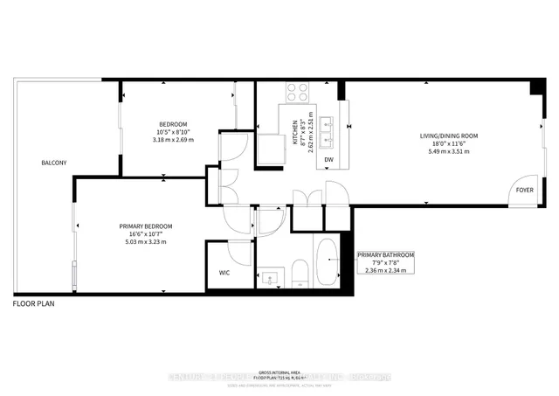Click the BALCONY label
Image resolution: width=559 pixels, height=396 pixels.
click(53, 163)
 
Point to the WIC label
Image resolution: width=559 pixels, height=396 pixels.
click(224, 274)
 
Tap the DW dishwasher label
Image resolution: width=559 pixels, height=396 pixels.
click(328, 160)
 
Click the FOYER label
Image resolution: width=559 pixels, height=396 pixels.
click(524, 189)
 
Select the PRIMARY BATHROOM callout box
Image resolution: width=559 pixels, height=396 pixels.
click(385, 261)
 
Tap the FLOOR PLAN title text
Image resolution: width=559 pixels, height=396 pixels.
click(35, 304)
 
